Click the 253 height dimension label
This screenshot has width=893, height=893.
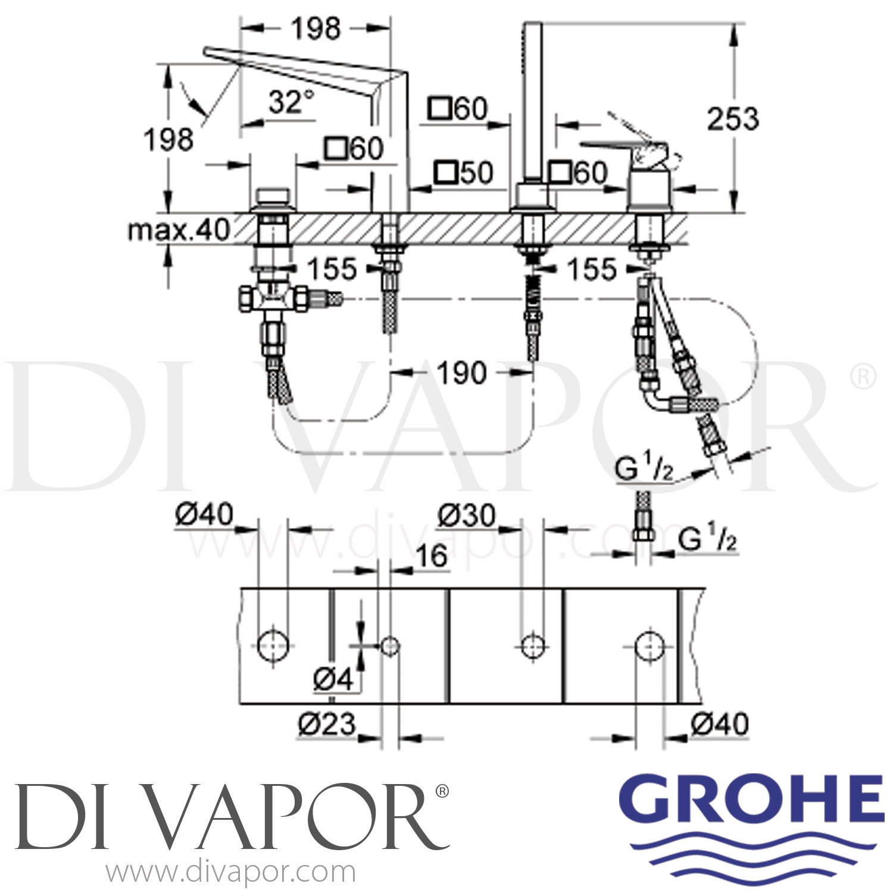[x=733, y=119]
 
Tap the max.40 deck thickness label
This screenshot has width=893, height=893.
[x=179, y=229]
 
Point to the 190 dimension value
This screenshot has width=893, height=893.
[x=461, y=373]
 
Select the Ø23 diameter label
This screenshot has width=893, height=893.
[x=326, y=725]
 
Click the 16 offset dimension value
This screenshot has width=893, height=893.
[x=432, y=557]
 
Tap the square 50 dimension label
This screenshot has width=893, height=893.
[x=464, y=173]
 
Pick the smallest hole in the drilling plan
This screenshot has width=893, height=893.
[x=390, y=645]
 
